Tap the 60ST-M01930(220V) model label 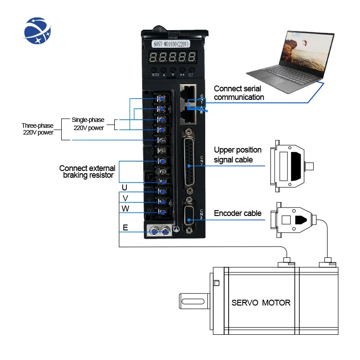(x=173, y=45)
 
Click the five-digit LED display (x=173, y=57)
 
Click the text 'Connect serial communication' (x=238, y=93)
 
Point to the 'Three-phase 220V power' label (x=38, y=129)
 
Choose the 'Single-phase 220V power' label (x=88, y=124)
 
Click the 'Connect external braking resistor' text (x=86, y=171)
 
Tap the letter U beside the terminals (x=125, y=187)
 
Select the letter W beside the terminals (x=125, y=208)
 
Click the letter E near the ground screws (x=126, y=228)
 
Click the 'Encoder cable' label (x=237, y=213)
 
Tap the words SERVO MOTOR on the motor (x=261, y=302)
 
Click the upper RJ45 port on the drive (x=189, y=92)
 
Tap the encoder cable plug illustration (x=292, y=220)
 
